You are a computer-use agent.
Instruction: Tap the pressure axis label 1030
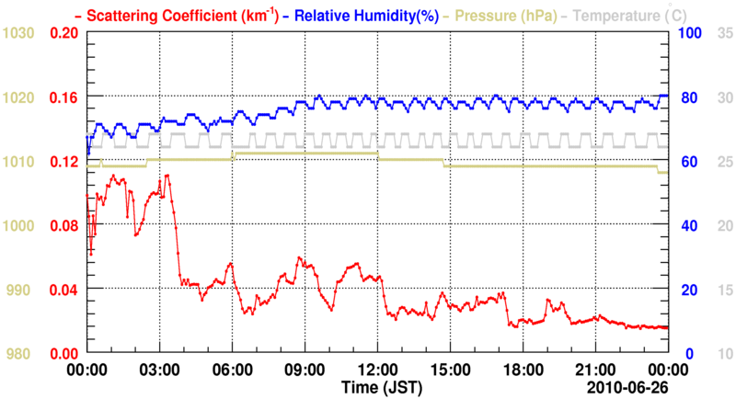pos(18,33)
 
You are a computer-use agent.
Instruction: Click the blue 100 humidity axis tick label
pos(690,33)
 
